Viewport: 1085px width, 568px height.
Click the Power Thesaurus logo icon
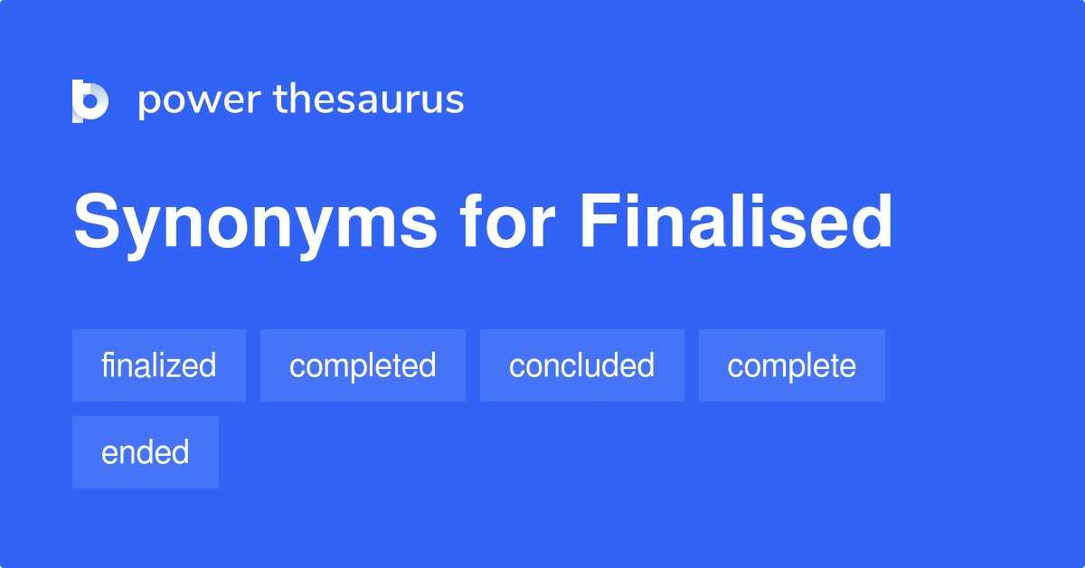tap(90, 100)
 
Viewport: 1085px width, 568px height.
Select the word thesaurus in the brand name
tap(369, 100)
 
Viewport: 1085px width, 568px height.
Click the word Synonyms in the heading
tap(254, 223)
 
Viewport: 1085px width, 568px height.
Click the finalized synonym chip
tap(159, 365)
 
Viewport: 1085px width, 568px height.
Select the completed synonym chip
tap(363, 365)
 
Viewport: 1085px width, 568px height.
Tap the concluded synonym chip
tap(581, 365)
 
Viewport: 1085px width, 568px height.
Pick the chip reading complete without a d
tap(791, 365)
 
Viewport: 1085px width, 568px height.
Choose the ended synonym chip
tap(146, 452)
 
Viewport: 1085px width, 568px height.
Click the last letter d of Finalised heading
tap(872, 222)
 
